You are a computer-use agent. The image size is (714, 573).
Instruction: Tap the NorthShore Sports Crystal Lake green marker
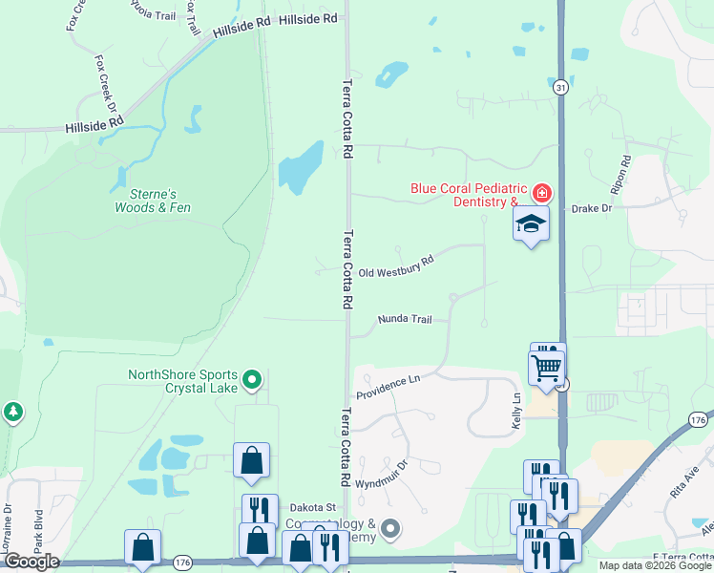tap(252, 381)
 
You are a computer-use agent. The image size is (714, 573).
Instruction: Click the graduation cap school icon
tap(532, 224)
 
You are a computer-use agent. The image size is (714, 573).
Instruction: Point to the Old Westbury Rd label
tap(396, 265)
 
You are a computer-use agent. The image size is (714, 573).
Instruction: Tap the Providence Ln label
tap(388, 386)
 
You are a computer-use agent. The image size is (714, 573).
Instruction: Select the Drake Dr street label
tap(591, 208)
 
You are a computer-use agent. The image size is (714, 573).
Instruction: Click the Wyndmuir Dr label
tap(381, 474)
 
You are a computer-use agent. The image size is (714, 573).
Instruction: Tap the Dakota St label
tap(315, 507)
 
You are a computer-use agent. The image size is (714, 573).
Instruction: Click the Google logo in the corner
tap(31, 562)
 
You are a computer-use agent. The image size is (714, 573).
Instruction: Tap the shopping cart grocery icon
tap(547, 367)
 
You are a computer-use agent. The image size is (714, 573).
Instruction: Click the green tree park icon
tap(12, 413)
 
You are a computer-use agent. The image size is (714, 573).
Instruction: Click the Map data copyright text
tap(655, 565)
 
